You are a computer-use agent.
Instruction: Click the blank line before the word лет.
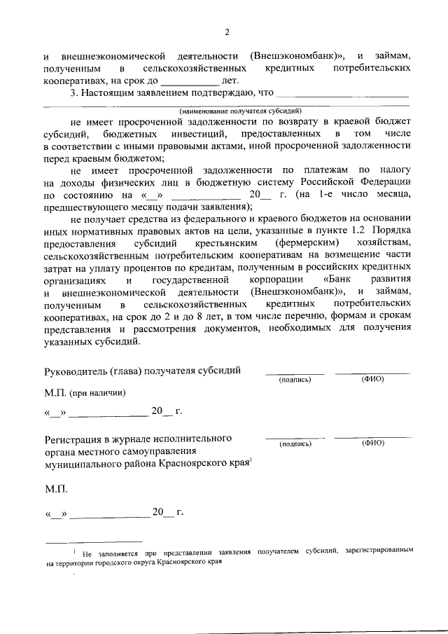[x=193, y=83]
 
